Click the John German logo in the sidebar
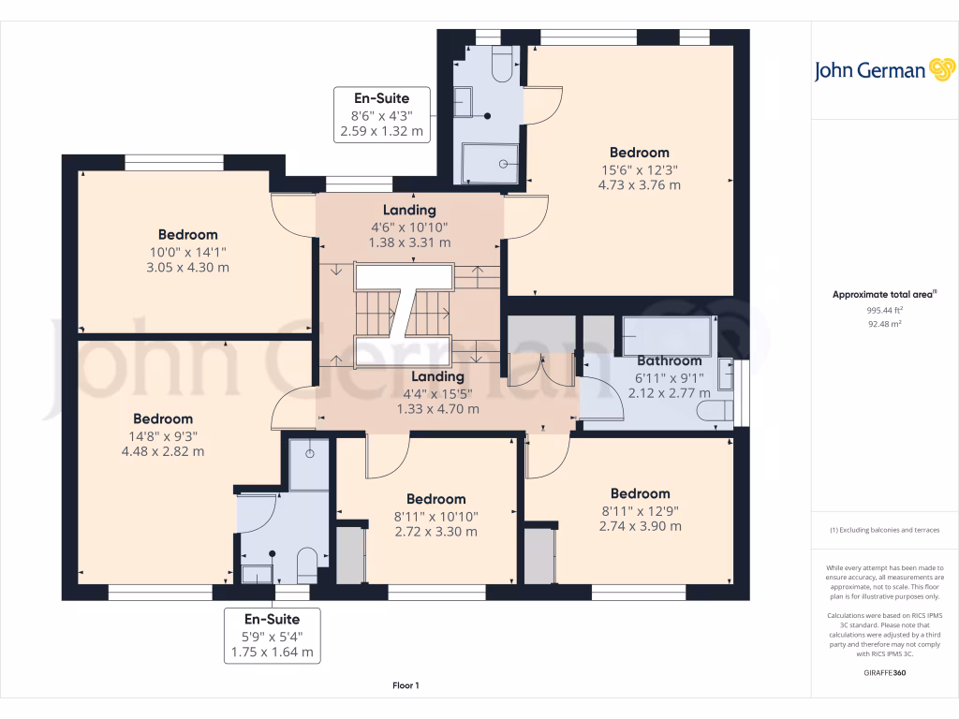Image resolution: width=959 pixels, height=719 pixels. point(884,70)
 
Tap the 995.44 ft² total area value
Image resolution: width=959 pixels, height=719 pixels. point(884,310)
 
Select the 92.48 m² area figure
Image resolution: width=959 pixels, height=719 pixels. point(884,324)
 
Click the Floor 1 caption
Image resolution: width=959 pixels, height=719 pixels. point(406,685)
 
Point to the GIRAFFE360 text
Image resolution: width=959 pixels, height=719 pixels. point(884,672)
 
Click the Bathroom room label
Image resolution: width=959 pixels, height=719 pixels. point(669,360)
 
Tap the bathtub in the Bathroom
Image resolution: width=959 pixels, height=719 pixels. point(666,336)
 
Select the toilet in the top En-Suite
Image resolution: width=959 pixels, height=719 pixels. point(502,65)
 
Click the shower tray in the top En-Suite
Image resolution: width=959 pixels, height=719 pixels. point(490,163)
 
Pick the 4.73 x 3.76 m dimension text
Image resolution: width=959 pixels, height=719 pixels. point(639,185)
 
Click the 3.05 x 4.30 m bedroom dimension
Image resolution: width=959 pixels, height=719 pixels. point(187,267)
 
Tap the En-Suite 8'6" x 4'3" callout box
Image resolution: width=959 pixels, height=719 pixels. point(382,115)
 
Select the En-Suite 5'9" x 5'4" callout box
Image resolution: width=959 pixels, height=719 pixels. point(273,636)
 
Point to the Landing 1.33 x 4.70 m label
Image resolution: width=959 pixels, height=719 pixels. point(438,409)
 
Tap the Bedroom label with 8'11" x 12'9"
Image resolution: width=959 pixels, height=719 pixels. point(641,493)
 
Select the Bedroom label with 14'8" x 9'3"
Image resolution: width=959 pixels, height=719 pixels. point(163,418)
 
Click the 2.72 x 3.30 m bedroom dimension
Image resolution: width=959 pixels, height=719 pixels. point(436,532)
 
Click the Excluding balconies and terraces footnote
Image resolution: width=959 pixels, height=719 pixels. point(884,530)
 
